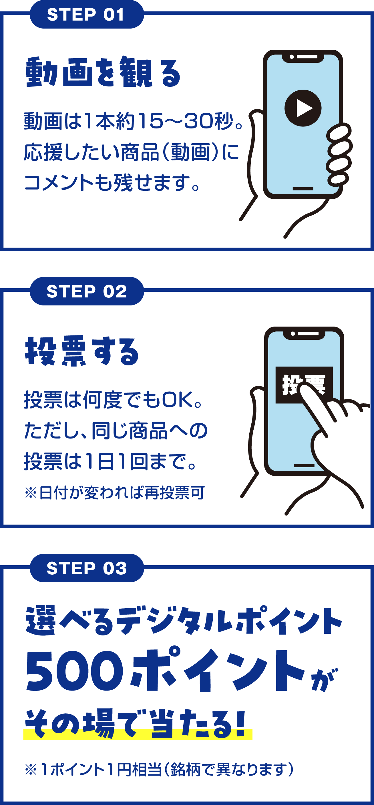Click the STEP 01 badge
(x=87, y=14)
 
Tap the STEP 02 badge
(x=87, y=291)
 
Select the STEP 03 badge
(x=87, y=568)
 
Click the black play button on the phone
(x=303, y=108)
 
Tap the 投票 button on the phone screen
(x=304, y=385)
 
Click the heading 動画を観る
(x=103, y=72)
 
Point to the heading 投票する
(x=82, y=351)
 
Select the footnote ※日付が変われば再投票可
(x=115, y=493)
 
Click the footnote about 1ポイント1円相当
(x=159, y=769)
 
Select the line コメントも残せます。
(x=112, y=182)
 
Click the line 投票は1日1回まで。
(x=110, y=461)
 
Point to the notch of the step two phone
(x=304, y=334)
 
